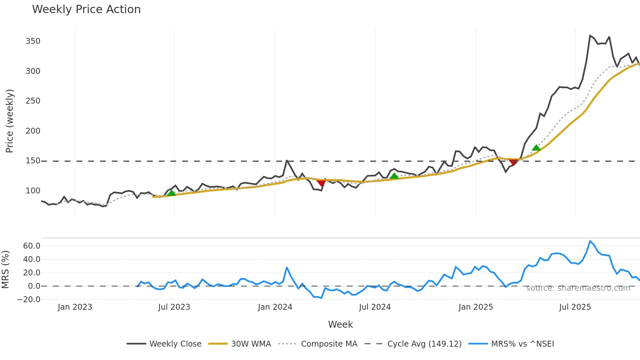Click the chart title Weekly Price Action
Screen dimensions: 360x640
coord(86,9)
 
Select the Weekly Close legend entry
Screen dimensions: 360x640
coord(175,344)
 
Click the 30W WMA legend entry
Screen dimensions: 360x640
coord(251,344)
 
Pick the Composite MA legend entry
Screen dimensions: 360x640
coord(329,344)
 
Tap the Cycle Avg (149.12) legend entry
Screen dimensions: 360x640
coord(424,344)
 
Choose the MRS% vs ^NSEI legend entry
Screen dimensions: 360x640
coord(522,344)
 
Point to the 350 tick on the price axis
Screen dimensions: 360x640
coord(33,41)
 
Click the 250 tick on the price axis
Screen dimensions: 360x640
coord(33,101)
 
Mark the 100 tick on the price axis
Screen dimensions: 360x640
coord(33,191)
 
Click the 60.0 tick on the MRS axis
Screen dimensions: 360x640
coord(32,246)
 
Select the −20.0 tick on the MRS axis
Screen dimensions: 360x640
coord(29,300)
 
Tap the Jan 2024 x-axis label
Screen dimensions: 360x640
coord(275,307)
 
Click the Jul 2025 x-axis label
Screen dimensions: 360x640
coord(575,307)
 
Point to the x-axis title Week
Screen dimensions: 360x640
coord(340,324)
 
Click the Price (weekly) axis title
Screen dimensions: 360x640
coord(10,121)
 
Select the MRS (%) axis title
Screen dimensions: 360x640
coord(5,270)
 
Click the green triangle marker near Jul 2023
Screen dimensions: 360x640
coord(171,193)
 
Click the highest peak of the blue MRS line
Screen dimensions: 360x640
coord(590,241)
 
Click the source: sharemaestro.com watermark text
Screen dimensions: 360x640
coord(578,288)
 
